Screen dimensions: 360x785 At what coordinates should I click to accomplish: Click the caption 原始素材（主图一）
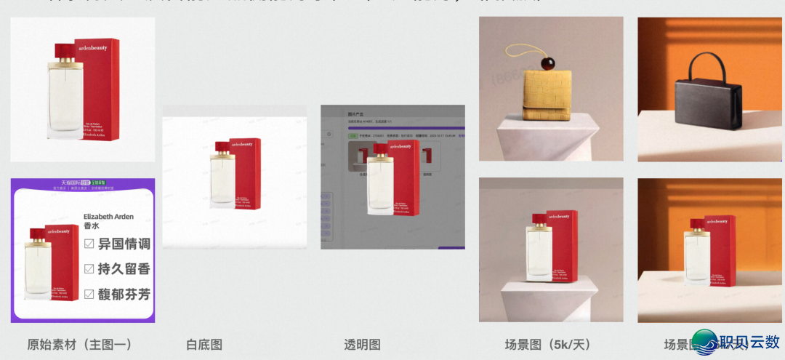pyautogui.click(x=79, y=344)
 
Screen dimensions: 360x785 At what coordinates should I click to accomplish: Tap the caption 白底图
pyautogui.click(x=204, y=344)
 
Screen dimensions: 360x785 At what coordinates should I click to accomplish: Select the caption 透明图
pyautogui.click(x=362, y=344)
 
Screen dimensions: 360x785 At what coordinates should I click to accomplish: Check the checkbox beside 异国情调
pyautogui.click(x=89, y=244)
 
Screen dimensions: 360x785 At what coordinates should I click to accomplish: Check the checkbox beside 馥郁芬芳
pyautogui.click(x=89, y=295)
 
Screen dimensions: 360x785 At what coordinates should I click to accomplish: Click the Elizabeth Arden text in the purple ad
pyautogui.click(x=109, y=217)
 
